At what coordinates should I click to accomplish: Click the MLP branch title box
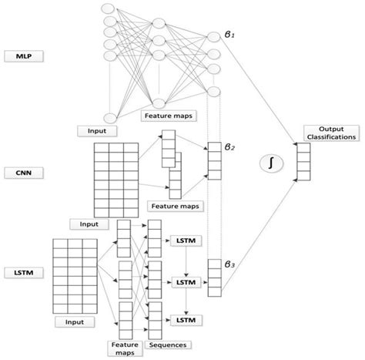[22, 56]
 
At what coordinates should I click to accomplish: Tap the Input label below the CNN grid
[89, 224]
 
